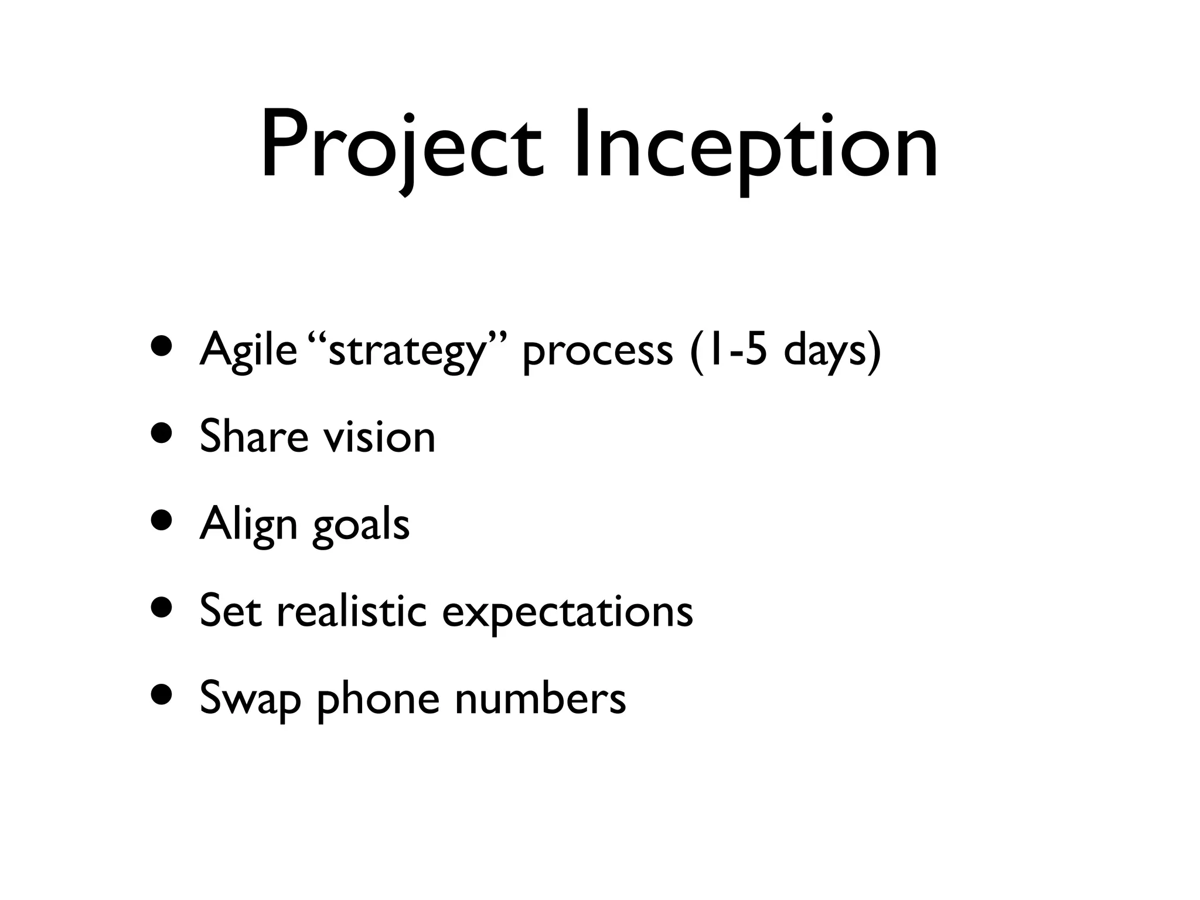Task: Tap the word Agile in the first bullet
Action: coord(248,350)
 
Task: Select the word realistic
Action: coord(352,611)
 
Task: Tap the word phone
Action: coord(378,698)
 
